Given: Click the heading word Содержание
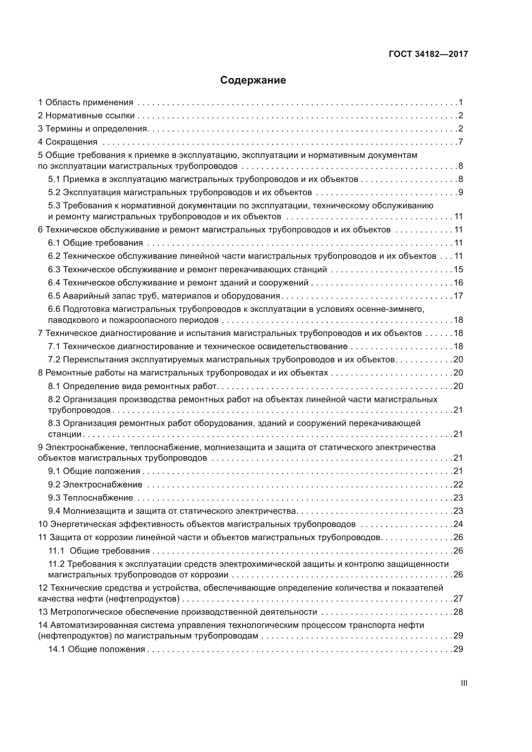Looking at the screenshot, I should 253,80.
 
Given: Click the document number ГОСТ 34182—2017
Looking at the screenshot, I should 428,54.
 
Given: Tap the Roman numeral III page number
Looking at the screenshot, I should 464,683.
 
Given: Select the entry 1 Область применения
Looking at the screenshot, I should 86,103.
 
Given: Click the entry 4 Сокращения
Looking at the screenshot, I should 68,142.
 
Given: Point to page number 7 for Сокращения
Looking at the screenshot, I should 460,142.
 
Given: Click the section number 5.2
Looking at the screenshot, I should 54,192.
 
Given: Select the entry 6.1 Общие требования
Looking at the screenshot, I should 95,243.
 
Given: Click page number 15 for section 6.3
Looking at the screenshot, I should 458,269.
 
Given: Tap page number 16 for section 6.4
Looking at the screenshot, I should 458,283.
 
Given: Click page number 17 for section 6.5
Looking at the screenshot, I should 458,296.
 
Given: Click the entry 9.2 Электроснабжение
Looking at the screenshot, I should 95,485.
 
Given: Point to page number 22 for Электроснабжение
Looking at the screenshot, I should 458,485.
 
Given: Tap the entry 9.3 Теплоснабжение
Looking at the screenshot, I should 90,498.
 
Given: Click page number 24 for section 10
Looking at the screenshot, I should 458,524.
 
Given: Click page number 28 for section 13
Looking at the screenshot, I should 458,612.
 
